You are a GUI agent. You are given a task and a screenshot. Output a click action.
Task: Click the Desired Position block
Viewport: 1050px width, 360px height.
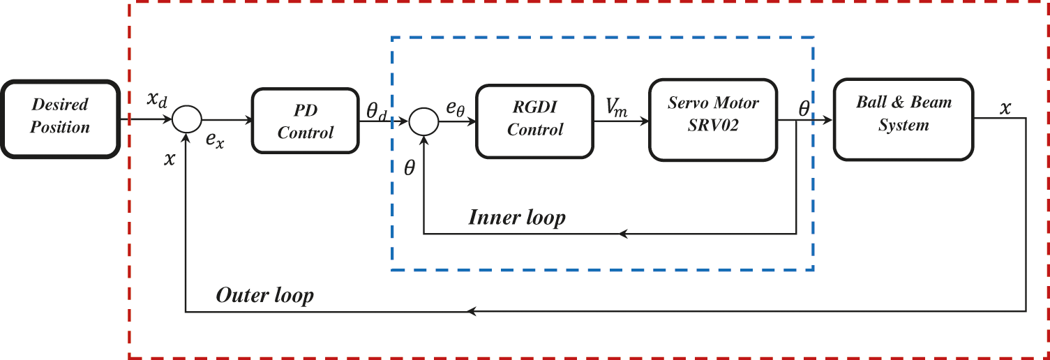[61, 117]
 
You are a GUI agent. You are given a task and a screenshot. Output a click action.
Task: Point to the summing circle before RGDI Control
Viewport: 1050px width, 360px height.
[423, 121]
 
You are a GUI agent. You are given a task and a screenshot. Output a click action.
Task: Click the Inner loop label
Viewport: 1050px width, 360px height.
[516, 218]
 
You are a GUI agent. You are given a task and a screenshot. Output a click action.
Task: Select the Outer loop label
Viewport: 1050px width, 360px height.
[264, 295]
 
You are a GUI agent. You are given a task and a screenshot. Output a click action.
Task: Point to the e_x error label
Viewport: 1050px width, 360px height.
[215, 140]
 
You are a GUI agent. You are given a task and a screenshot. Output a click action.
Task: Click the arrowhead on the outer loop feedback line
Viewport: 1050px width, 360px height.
[472, 311]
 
